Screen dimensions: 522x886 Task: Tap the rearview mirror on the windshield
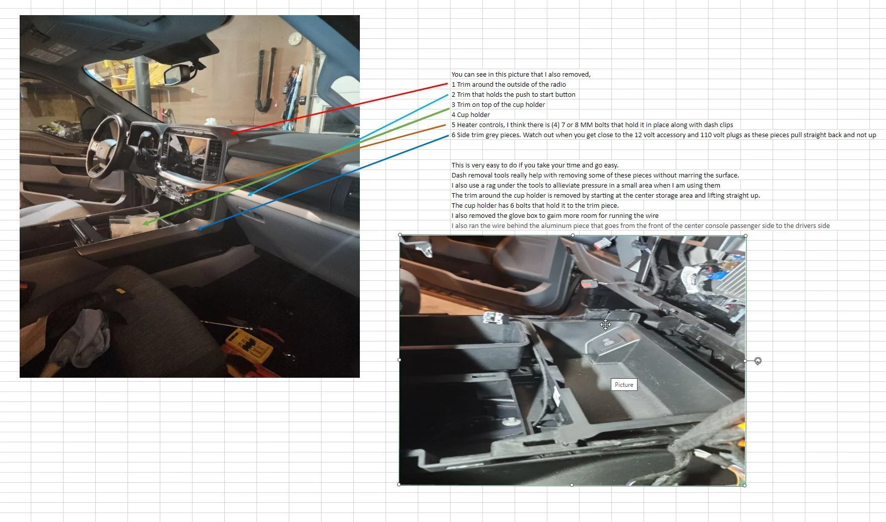[x=176, y=75]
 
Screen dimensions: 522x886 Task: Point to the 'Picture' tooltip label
[x=623, y=385]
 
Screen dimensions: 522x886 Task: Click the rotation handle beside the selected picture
[x=757, y=361]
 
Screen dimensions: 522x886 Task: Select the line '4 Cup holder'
[x=470, y=115]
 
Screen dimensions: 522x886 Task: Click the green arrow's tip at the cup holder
[x=145, y=223]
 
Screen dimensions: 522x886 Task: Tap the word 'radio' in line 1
[x=556, y=85]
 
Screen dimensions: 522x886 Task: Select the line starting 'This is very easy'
[x=535, y=165]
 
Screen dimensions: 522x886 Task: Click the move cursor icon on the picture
[x=605, y=325]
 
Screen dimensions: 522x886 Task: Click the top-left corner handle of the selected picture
[x=400, y=235]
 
